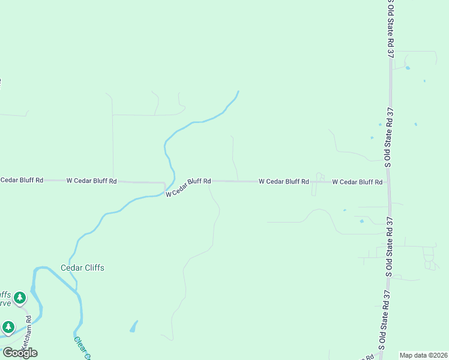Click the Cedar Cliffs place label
pyautogui.click(x=82, y=268)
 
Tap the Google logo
pyautogui.click(x=20, y=352)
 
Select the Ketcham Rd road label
pyautogui.click(x=26, y=340)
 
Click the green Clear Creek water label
pyautogui.click(x=82, y=348)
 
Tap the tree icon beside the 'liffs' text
pyautogui.click(x=20, y=297)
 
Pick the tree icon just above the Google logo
pyautogui.click(x=8, y=327)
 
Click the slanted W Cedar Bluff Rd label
pyautogui.click(x=188, y=187)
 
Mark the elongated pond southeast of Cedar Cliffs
pyautogui.click(x=133, y=327)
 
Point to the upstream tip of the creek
pyautogui.click(x=238, y=91)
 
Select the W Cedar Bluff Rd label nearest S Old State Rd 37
pyautogui.click(x=357, y=182)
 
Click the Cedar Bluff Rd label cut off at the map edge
pyautogui.click(x=22, y=179)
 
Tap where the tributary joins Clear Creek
pyautogui.click(x=77, y=292)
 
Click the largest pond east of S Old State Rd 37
pyautogui.click(x=408, y=68)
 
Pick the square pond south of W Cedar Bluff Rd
pyautogui.click(x=361, y=221)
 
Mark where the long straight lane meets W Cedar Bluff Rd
pyautogui.click(x=113, y=179)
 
